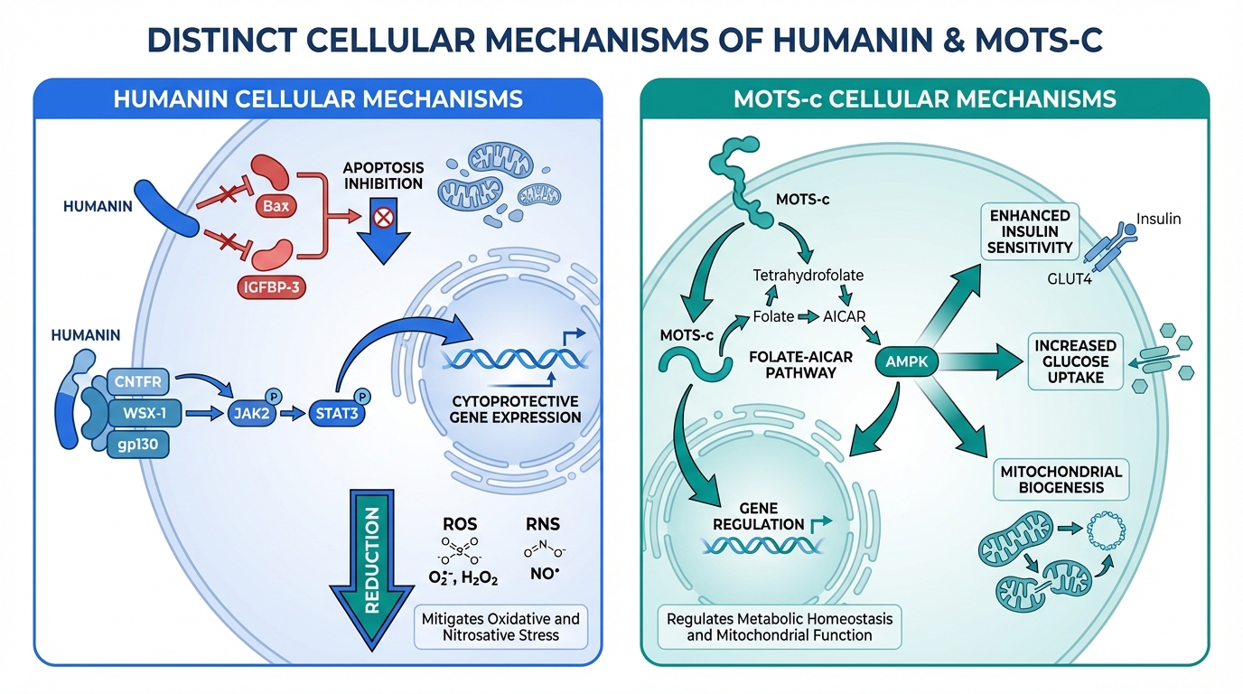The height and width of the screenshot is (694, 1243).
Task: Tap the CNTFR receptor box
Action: point(137,382)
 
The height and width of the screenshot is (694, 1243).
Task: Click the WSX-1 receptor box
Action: point(137,414)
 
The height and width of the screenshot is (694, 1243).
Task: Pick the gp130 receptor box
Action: point(137,445)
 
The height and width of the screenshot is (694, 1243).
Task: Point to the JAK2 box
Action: point(254,415)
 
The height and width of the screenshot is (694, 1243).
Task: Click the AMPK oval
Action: point(908,362)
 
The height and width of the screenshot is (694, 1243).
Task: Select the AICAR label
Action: point(845,317)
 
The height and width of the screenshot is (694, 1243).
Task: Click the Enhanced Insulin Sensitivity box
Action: point(1030,231)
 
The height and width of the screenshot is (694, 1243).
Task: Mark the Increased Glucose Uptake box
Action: point(1075,361)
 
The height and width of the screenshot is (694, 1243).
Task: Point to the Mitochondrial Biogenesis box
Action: point(1061,480)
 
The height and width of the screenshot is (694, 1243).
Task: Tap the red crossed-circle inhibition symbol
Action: point(383,217)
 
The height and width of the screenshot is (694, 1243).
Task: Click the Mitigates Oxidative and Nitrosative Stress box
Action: point(500,626)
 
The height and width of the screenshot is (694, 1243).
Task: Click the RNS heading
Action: point(543,523)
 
